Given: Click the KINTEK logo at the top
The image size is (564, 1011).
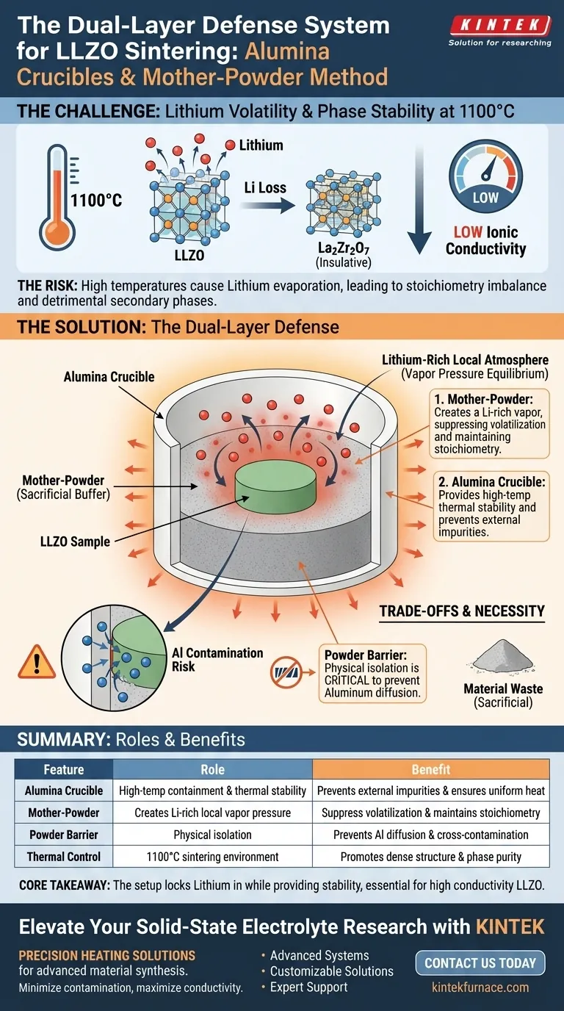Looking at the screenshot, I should pos(499,26).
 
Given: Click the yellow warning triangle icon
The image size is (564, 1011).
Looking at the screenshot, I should pos(30,661).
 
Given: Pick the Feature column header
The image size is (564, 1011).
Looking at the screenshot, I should pos(64,769).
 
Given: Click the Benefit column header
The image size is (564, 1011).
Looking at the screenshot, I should pos(431,769).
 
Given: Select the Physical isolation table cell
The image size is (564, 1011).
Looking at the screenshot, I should pos(212,835).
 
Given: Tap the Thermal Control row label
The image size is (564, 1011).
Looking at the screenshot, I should pos(64,857).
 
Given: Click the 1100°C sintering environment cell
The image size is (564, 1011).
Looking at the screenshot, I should pos(212,857).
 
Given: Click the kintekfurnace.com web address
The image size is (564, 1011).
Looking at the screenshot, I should pos(482,986).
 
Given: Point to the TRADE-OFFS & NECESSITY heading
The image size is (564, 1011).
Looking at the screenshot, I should pos(461,611).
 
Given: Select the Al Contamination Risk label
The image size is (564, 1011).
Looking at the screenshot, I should pos(217,659).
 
